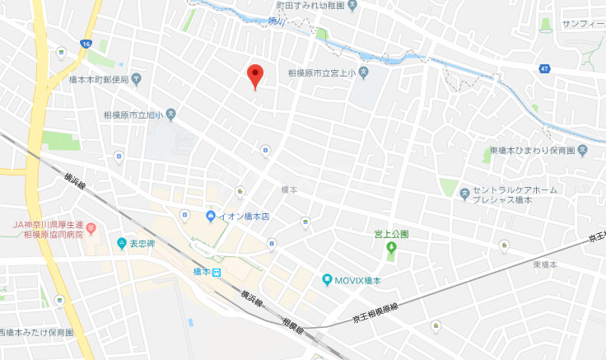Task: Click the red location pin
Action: pos(255,76)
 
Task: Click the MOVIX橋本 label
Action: pos(358,280)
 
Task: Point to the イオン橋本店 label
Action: pos(244,216)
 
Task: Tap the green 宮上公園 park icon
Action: pos(391,247)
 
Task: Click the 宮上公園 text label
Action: pos(391,234)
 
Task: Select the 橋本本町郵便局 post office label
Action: pos(99,80)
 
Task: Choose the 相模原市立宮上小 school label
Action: pos(320,72)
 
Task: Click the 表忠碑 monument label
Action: pos(142,243)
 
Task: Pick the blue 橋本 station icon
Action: pos(217,273)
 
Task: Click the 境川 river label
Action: pos(277,22)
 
